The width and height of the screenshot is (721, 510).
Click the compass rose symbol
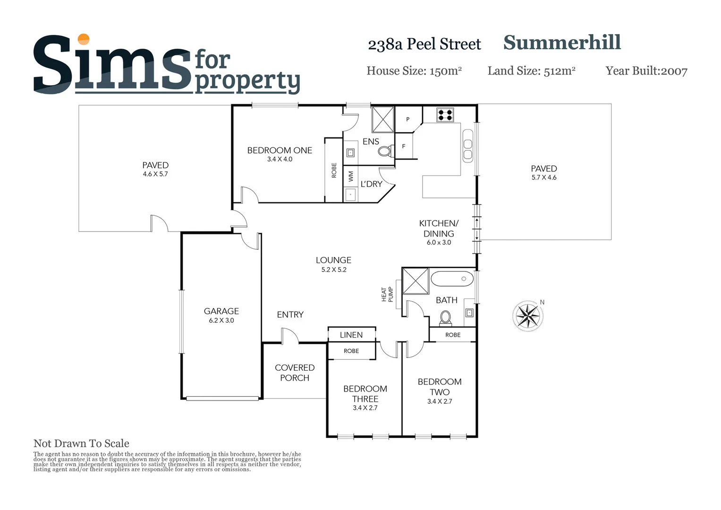point(527,315)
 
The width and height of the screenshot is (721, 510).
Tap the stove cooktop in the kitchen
point(445,115)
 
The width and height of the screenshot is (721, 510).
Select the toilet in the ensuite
point(385,152)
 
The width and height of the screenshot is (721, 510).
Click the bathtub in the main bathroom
point(452,279)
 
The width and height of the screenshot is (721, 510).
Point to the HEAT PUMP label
point(387,294)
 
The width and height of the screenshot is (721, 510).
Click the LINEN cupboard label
point(351,335)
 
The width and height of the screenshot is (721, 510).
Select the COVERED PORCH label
point(295,373)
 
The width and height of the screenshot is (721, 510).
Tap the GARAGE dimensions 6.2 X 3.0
point(221,320)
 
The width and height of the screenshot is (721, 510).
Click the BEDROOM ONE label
point(280,150)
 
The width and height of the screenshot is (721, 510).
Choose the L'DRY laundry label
point(371,184)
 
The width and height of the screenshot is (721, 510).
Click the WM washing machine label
point(351,176)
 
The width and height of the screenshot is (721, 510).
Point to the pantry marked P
point(408,119)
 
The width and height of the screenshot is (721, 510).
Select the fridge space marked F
point(404,146)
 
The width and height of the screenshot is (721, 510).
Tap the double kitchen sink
point(468,145)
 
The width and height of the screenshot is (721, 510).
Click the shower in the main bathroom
point(416,281)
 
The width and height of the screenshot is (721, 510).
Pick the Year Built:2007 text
point(646,71)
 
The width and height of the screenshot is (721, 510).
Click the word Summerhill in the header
point(562,42)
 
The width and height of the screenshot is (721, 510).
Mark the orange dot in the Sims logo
point(84,39)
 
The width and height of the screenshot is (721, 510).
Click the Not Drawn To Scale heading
point(81,443)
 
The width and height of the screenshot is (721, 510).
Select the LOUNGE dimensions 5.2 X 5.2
point(334,270)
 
